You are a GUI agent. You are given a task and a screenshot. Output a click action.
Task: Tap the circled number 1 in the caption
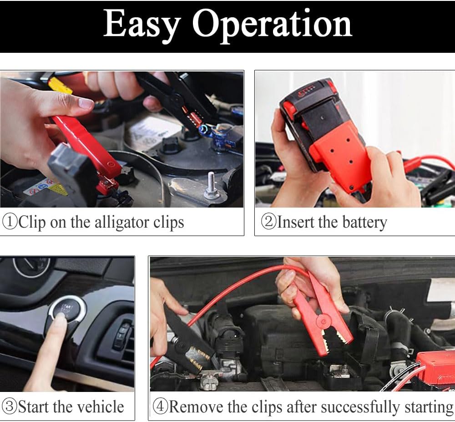[10, 222]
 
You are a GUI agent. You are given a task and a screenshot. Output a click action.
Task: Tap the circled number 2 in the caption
[268, 222]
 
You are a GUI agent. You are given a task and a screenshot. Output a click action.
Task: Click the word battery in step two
[363, 222]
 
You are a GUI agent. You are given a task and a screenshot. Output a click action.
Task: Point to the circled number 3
[10, 407]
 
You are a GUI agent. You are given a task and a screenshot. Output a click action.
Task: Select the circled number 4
[160, 407]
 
